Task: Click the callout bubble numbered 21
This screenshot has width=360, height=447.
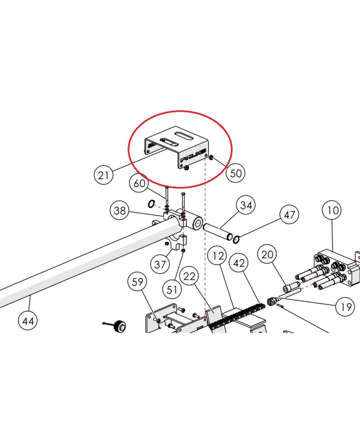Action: (103, 174)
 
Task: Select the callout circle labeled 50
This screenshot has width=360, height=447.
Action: (236, 173)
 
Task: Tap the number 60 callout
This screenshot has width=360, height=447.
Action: (139, 183)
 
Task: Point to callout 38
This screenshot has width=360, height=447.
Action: (119, 210)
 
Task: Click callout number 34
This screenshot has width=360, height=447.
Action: (246, 205)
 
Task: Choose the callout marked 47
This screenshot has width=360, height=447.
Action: (290, 214)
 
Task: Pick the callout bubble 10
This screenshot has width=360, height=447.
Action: (332, 210)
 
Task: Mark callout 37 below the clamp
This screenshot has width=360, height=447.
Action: (160, 264)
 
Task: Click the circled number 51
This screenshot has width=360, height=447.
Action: (172, 290)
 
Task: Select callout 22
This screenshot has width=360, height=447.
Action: (189, 276)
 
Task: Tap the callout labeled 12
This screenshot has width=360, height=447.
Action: (218, 256)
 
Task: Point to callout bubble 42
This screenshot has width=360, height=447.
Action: (239, 262)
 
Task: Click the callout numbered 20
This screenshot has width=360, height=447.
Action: (267, 254)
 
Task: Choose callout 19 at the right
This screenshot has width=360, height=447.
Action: (346, 307)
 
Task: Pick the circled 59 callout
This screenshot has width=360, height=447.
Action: (137, 282)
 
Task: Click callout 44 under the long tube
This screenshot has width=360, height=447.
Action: (28, 321)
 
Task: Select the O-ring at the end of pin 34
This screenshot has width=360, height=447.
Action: (236, 240)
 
